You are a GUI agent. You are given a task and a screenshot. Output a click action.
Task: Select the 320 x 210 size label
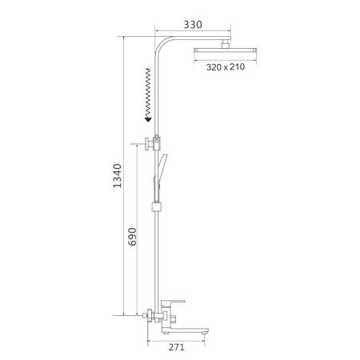tap(224, 67)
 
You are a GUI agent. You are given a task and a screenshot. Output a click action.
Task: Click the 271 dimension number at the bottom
tap(178, 346)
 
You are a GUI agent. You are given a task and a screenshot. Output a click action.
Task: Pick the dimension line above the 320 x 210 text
tap(223, 60)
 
